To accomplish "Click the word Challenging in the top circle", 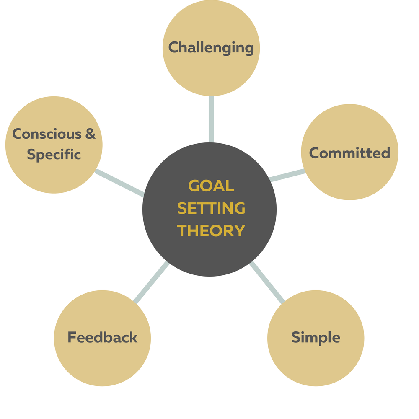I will pyautogui.click(x=211, y=47).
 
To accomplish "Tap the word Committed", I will pyautogui.click(x=349, y=153).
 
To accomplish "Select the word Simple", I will pyautogui.click(x=316, y=337).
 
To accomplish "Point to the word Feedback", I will pyautogui.click(x=102, y=337).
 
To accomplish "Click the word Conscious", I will pyautogui.click(x=46, y=134).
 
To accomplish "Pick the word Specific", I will pyautogui.click(x=54, y=155).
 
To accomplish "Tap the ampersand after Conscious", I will pyautogui.click(x=91, y=134).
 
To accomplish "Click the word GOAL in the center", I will pyautogui.click(x=211, y=186).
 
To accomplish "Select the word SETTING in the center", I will pyautogui.click(x=211, y=208).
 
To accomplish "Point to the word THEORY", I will pyautogui.click(x=211, y=230).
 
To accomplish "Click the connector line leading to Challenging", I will pyautogui.click(x=211, y=119).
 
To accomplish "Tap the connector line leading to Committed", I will pyautogui.click(x=287, y=176).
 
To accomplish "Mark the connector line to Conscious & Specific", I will pyautogui.click(x=119, y=183).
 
